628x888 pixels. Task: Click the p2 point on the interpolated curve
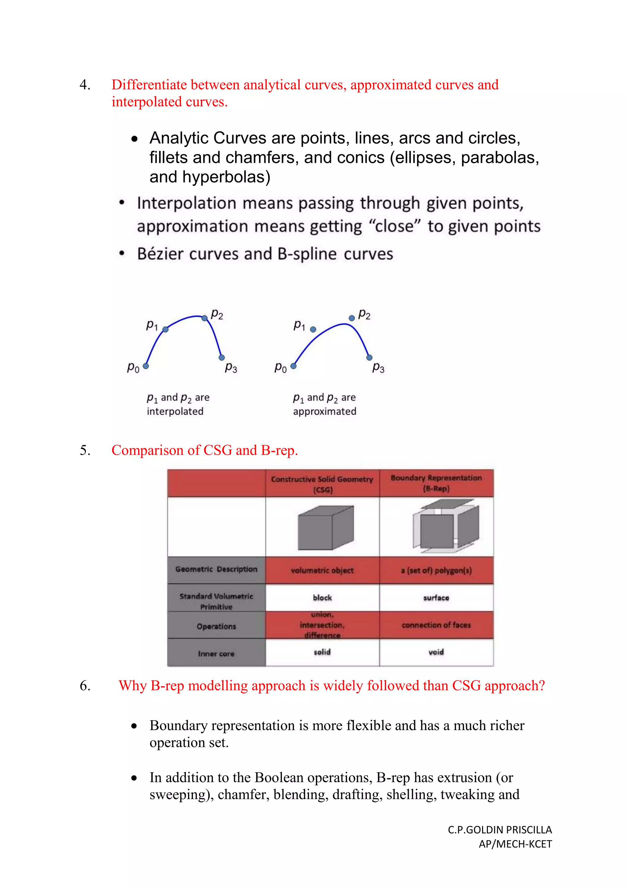click(x=205, y=318)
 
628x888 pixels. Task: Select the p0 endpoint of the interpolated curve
click(x=146, y=366)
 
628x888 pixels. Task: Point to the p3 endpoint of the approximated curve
click(x=369, y=357)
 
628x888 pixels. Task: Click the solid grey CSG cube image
click(x=326, y=527)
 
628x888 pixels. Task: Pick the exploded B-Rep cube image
click(x=446, y=526)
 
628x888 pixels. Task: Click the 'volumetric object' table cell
click(x=322, y=570)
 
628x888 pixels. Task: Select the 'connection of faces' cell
click(x=436, y=625)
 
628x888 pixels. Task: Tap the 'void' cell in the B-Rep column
click(x=436, y=652)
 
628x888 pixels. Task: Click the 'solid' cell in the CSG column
click(x=322, y=652)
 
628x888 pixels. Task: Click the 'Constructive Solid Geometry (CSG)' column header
click(x=322, y=484)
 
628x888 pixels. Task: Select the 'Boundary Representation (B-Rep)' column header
click(x=436, y=483)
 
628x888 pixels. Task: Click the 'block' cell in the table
click(x=322, y=598)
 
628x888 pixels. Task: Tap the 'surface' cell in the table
click(x=436, y=598)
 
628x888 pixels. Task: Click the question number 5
click(x=85, y=450)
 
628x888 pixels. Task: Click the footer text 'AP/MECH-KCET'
click(x=515, y=844)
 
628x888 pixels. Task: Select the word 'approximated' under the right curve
click(x=324, y=411)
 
